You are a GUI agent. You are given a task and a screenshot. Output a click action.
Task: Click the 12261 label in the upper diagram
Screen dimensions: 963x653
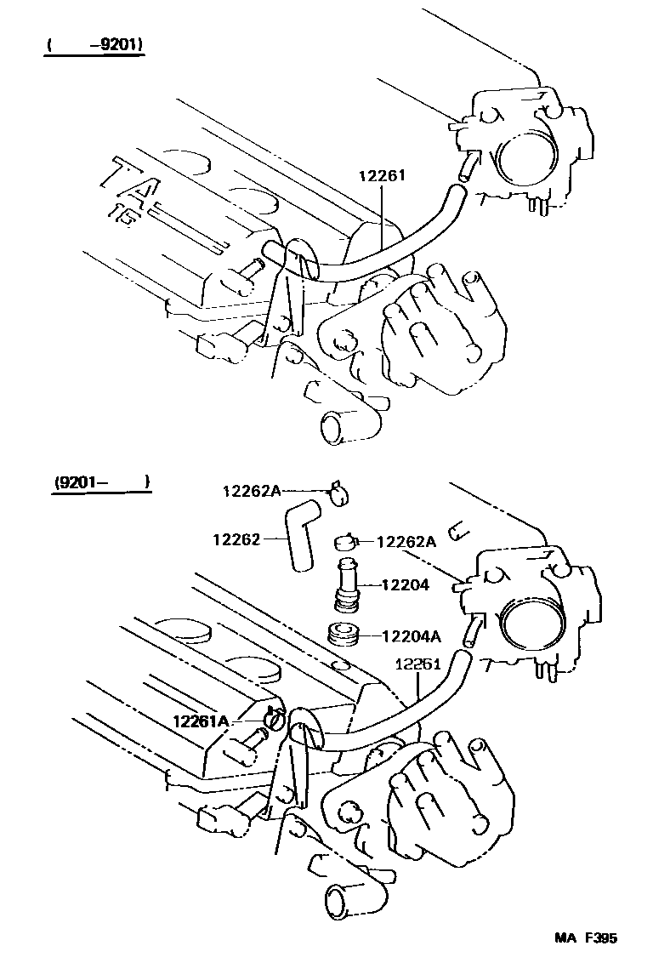[382, 176]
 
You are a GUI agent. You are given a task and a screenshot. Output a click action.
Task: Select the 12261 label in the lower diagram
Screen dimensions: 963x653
[417, 665]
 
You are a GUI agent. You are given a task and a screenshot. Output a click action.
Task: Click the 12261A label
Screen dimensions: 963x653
[201, 721]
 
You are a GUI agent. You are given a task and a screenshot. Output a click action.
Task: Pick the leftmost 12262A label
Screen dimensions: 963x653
[252, 490]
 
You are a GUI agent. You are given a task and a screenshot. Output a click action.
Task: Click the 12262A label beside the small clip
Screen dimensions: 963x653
[406, 541]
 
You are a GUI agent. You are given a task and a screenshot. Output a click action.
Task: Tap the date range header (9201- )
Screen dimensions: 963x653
[100, 482]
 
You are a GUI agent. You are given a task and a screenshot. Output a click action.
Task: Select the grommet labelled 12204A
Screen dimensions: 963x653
[345, 635]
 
